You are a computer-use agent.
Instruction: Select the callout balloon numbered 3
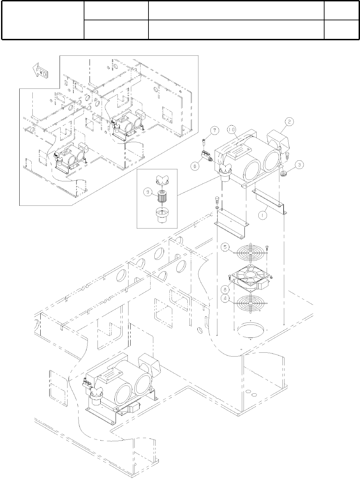[x=299, y=165]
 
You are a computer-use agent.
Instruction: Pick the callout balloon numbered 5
[x=225, y=247]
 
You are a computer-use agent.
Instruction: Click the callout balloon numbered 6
[x=195, y=166]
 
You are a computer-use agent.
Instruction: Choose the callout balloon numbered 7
[x=214, y=130]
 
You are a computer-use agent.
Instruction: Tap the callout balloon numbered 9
[x=147, y=193]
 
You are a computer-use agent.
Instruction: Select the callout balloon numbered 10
[x=231, y=129]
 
